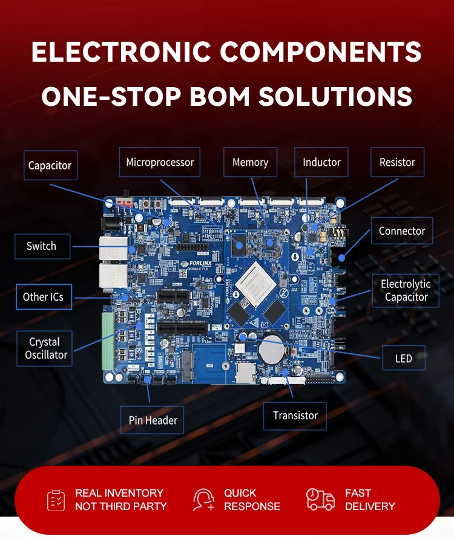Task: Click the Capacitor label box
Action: (50, 165)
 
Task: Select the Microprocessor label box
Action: (160, 162)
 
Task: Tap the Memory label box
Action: (250, 162)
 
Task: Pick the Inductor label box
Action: (321, 162)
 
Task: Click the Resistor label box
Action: (397, 162)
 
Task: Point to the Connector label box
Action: (401, 230)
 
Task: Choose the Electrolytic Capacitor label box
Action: (406, 290)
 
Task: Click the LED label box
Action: (403, 358)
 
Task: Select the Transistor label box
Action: (295, 416)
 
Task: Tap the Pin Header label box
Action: (153, 420)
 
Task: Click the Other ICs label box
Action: (44, 297)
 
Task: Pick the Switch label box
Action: (41, 246)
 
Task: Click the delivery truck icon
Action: (320, 500)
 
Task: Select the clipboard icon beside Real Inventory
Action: (56, 500)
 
